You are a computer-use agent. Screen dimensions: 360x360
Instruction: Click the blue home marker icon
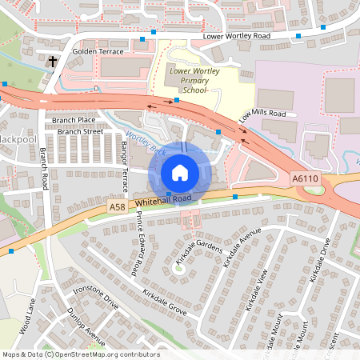(x=180, y=173)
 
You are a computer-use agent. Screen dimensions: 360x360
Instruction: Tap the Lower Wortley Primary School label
(x=189, y=81)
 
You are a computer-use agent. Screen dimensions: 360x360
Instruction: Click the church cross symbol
(x=54, y=61)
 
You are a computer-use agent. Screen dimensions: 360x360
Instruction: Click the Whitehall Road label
(x=164, y=199)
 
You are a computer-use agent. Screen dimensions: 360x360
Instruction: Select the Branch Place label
(x=74, y=120)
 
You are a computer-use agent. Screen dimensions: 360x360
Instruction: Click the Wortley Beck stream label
(x=144, y=144)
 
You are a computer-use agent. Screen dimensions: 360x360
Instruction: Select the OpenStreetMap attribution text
(x=80, y=354)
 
